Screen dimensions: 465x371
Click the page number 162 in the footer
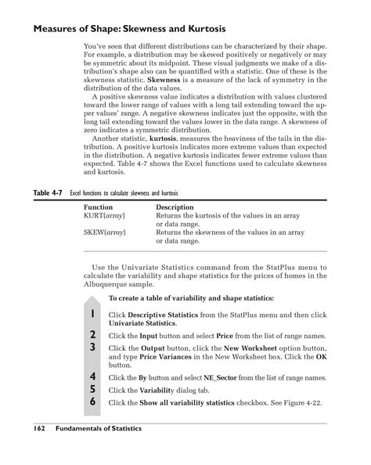pyautogui.click(x=42, y=429)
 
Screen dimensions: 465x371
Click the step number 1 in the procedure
pyautogui.click(x=92, y=315)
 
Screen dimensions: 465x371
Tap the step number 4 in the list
pyautogui.click(x=92, y=377)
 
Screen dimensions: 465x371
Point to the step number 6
pyautogui.click(x=92, y=402)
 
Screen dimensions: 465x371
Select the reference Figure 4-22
pyautogui.click(x=301, y=402)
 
